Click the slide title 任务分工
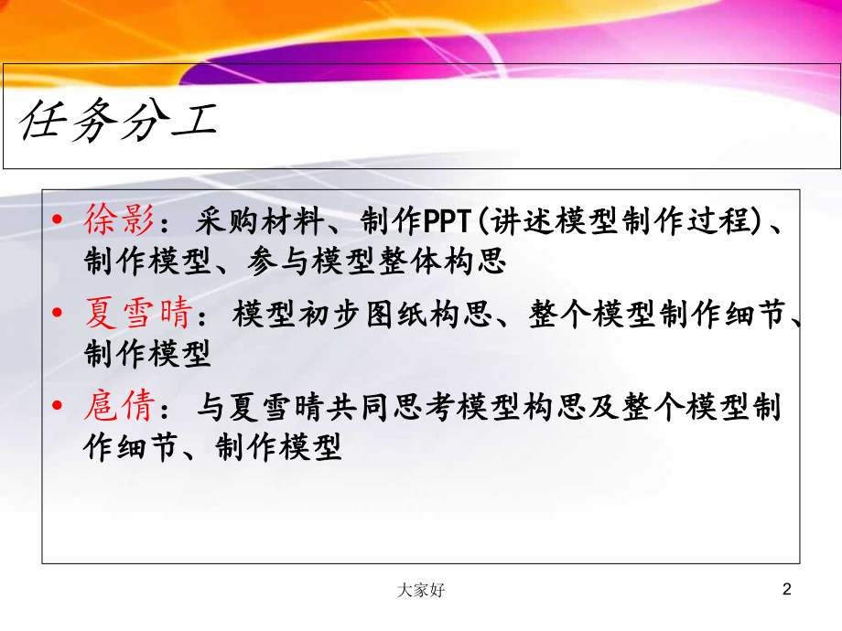pos(118,120)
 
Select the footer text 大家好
pos(422,591)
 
